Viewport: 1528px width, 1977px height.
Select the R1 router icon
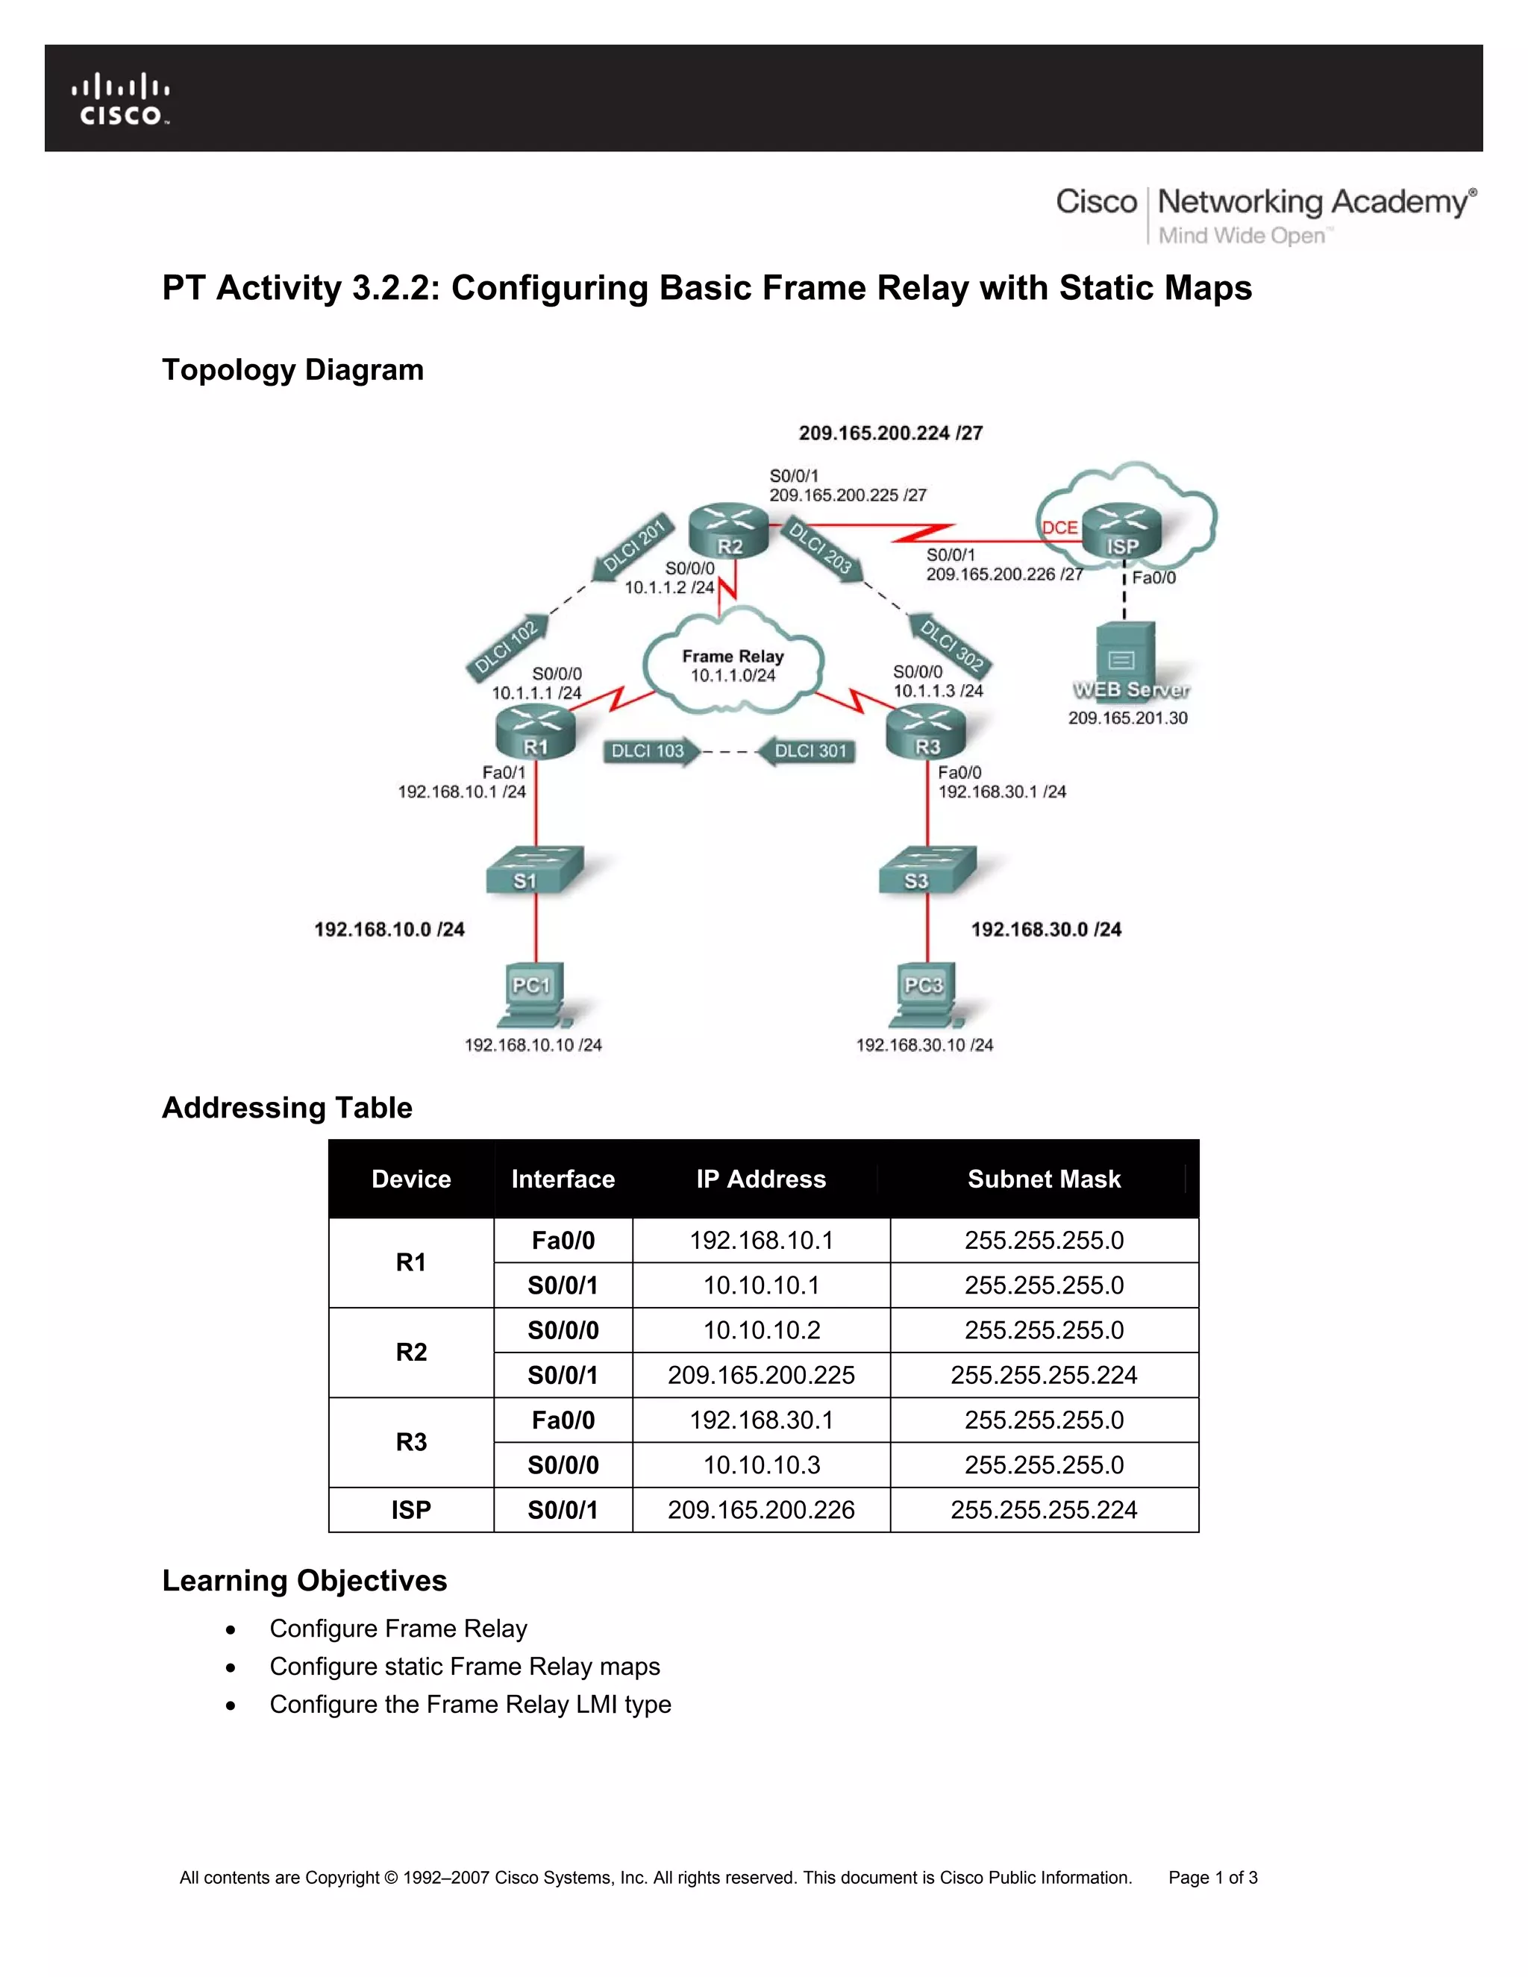(535, 731)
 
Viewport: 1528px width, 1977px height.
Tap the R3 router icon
(926, 731)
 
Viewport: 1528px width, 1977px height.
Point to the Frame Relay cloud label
(733, 665)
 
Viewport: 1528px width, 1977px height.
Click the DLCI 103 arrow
(650, 751)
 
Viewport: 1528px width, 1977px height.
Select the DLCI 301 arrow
(807, 751)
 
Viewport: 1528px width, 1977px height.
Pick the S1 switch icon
(534, 870)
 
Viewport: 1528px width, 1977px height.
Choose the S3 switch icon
(927, 870)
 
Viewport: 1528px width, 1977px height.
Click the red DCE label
(1059, 527)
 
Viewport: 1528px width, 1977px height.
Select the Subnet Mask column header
(1043, 1179)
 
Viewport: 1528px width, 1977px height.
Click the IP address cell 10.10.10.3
(760, 1464)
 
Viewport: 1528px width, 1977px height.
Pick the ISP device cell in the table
(411, 1510)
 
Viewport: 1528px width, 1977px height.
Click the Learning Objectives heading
(304, 1581)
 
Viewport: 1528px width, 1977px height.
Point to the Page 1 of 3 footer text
(1212, 1878)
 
